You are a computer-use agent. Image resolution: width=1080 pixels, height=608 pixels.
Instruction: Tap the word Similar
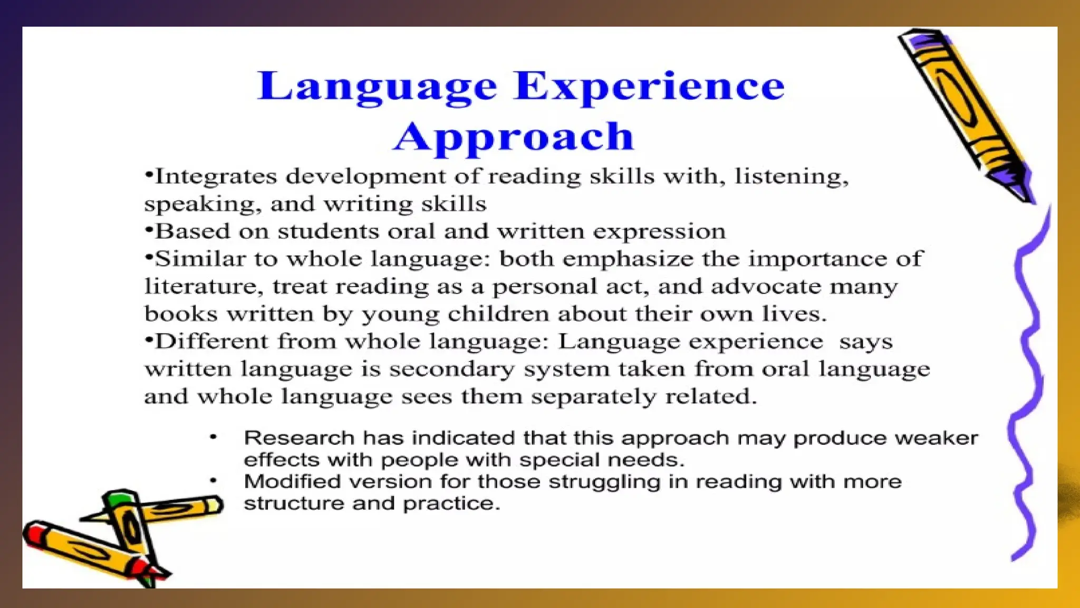[x=199, y=259]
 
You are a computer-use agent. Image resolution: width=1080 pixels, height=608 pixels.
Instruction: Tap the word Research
[x=299, y=438]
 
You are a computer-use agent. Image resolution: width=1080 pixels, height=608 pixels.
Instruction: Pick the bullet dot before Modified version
[x=214, y=480]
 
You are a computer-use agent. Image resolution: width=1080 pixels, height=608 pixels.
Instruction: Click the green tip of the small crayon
[x=120, y=498]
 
